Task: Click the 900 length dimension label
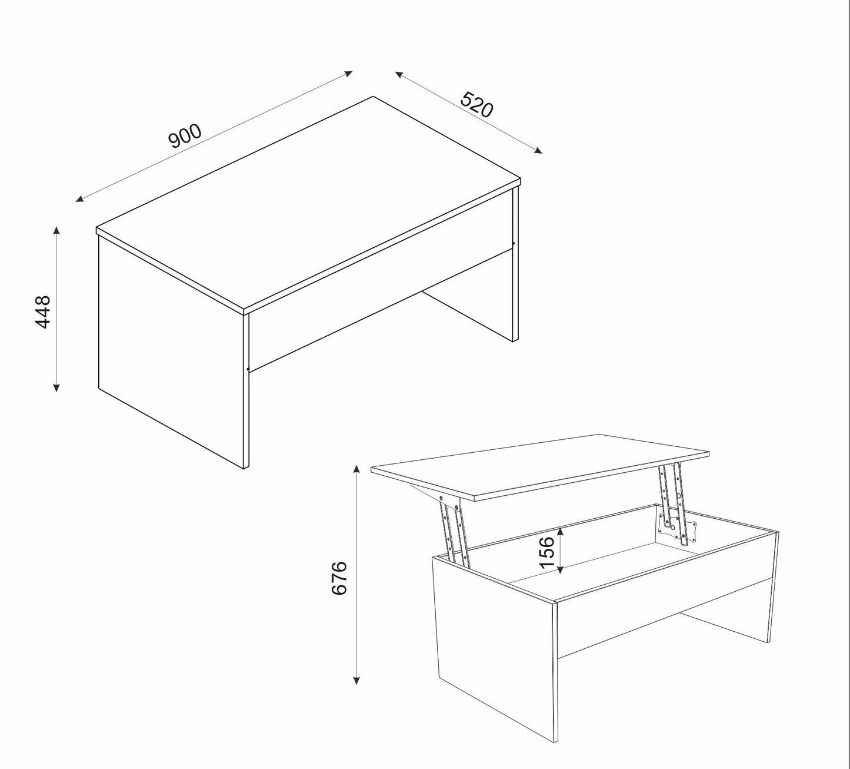[185, 136]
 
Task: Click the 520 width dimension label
[477, 104]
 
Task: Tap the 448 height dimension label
[42, 312]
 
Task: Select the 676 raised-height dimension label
[339, 578]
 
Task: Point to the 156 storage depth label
[546, 552]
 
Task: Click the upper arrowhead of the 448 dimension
[56, 230]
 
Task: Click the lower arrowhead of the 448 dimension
[56, 387]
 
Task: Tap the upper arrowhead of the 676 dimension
[357, 469]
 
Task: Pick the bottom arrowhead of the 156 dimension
[561, 571]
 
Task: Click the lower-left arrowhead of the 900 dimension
[79, 199]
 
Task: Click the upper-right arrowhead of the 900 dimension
[349, 73]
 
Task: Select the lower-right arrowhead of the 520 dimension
[539, 151]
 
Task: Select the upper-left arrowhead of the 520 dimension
[399, 74]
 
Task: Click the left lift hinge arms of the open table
[454, 530]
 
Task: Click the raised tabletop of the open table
[540, 466]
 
